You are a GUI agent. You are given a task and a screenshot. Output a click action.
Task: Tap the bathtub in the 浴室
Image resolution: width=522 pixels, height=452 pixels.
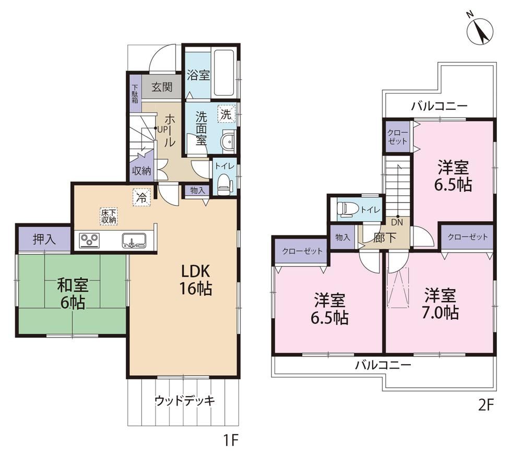[224, 73]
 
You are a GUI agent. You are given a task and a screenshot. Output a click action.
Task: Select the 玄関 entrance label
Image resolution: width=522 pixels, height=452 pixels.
[162, 88]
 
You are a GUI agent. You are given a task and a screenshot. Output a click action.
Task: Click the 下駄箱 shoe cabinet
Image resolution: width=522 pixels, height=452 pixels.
[135, 93]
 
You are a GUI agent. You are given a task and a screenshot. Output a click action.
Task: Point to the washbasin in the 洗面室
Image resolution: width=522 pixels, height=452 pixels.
[228, 141]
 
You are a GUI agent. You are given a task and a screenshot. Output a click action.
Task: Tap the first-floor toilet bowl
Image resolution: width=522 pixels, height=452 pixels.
[223, 185]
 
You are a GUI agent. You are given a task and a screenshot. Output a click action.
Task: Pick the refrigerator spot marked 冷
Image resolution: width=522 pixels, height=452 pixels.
[142, 198]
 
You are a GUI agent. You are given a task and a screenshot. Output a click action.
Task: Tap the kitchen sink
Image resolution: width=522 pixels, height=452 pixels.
[134, 240]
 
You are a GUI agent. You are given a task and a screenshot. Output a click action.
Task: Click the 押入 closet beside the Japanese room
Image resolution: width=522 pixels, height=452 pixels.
[44, 239]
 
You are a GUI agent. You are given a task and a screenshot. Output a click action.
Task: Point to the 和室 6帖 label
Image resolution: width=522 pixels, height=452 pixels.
[73, 294]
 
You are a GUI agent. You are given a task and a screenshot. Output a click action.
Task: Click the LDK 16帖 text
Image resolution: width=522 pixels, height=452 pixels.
[196, 280]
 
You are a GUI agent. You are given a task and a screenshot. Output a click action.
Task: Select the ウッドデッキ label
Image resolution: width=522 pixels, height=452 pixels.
[185, 401]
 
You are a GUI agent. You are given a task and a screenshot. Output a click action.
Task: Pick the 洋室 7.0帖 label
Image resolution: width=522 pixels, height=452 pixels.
[440, 304]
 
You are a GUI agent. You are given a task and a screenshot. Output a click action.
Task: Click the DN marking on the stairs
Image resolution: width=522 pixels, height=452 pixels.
[397, 222]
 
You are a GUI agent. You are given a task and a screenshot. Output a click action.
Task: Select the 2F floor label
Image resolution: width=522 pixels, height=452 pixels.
[485, 405]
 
